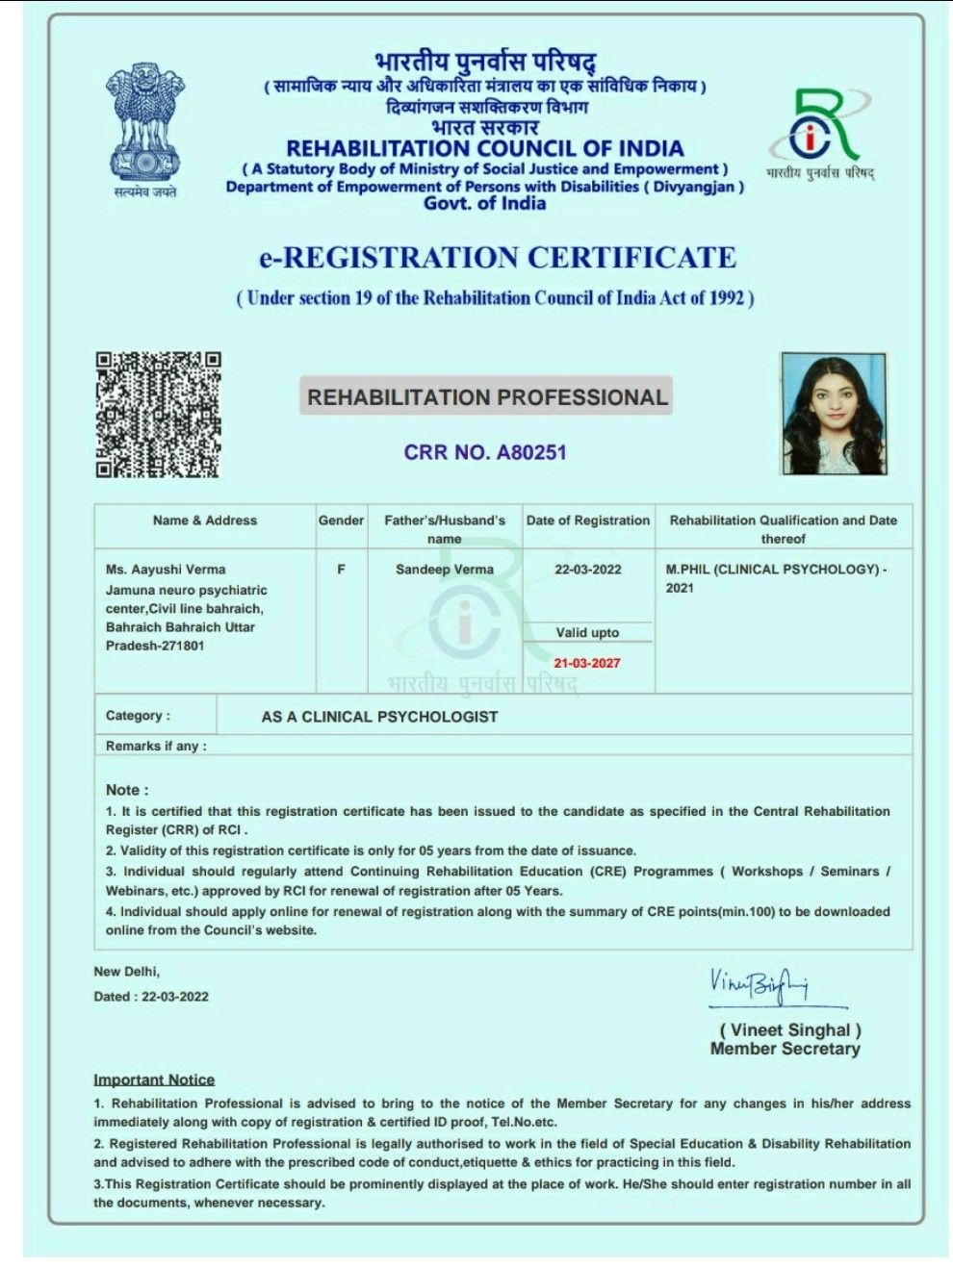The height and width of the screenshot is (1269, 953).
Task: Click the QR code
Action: click(158, 415)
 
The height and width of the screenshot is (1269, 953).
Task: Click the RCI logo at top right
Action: click(820, 130)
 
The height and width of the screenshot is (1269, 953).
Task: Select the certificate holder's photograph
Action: click(833, 414)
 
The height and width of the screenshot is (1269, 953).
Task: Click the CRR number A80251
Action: click(485, 452)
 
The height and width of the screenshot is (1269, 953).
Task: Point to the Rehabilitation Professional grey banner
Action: click(486, 397)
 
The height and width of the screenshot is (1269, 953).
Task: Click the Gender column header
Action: click(341, 520)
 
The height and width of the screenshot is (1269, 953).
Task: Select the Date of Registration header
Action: click(587, 520)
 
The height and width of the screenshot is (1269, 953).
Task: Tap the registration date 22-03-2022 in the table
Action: click(587, 570)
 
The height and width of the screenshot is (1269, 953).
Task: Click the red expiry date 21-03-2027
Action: click(587, 663)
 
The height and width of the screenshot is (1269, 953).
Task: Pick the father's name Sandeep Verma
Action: click(444, 570)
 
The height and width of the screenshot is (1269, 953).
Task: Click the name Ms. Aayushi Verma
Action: click(166, 570)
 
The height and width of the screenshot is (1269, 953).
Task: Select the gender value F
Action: click(341, 570)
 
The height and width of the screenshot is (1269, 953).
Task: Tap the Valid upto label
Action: click(587, 633)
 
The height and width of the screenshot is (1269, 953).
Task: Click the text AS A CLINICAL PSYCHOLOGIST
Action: click(379, 717)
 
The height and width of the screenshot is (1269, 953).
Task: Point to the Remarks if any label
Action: click(156, 747)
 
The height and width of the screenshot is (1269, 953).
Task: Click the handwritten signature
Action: click(760, 983)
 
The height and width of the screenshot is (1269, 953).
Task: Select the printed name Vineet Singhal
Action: click(790, 1030)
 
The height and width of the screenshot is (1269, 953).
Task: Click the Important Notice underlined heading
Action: click(154, 1079)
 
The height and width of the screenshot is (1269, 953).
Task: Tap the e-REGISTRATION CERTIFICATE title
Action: click(497, 258)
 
